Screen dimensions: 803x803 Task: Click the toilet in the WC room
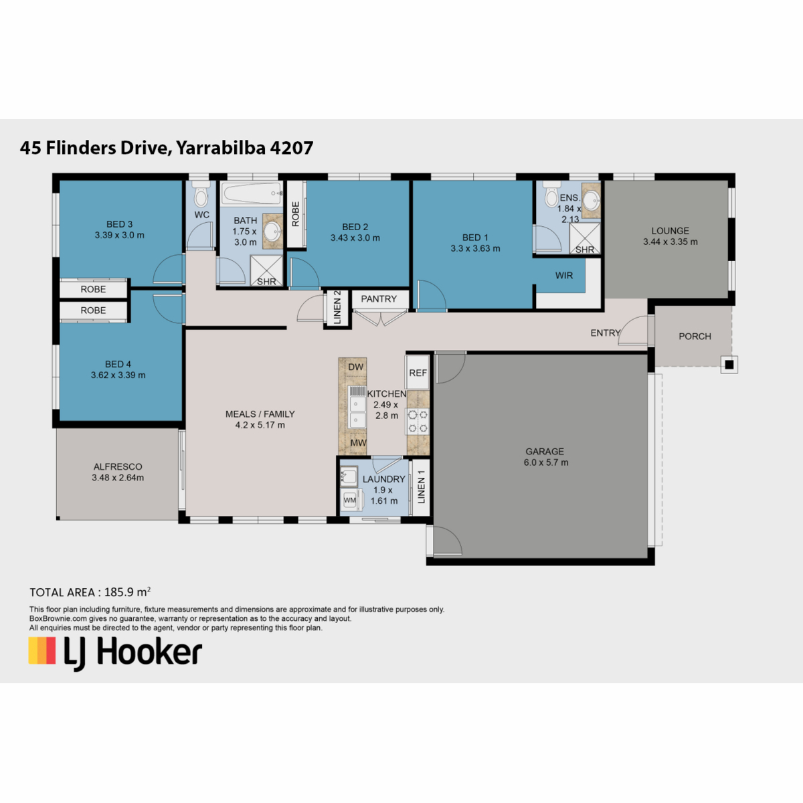pyautogui.click(x=201, y=194)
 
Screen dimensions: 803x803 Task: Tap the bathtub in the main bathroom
pyautogui.click(x=252, y=193)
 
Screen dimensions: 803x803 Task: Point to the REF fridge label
pyautogui.click(x=418, y=373)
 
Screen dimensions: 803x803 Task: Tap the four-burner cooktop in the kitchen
pyautogui.click(x=418, y=422)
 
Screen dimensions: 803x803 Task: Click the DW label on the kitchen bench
pyautogui.click(x=355, y=367)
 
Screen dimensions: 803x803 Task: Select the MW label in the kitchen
pyautogui.click(x=358, y=443)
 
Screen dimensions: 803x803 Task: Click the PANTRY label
pyautogui.click(x=379, y=298)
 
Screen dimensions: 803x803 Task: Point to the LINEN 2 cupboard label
pyautogui.click(x=337, y=308)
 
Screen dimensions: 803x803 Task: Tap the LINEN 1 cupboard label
pyautogui.click(x=422, y=486)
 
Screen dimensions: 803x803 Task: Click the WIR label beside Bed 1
pyautogui.click(x=564, y=276)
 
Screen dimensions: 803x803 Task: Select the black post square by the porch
pyautogui.click(x=729, y=365)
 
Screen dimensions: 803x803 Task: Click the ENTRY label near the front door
pyautogui.click(x=605, y=333)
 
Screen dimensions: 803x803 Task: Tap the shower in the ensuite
pyautogui.click(x=585, y=238)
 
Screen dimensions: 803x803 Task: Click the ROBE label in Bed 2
pyautogui.click(x=296, y=214)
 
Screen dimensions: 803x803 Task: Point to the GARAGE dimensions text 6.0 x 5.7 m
pyautogui.click(x=546, y=462)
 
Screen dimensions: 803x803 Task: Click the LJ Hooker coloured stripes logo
pyautogui.click(x=41, y=650)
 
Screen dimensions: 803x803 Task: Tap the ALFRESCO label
pyautogui.click(x=118, y=466)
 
